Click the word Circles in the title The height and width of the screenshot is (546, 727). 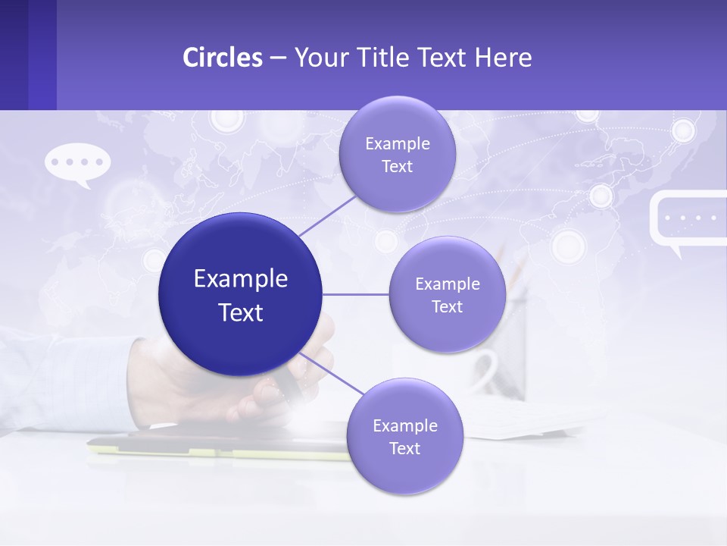coord(223,58)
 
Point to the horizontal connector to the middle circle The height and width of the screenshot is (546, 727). coord(356,294)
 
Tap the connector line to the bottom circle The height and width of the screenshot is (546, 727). coord(333,373)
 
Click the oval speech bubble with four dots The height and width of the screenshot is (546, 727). coord(78,162)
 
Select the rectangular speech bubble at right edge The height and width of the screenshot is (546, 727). coord(688,220)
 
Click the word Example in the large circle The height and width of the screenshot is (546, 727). coord(241,279)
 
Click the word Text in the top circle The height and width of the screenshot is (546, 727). coord(397,167)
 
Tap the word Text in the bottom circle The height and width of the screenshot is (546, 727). coord(404,448)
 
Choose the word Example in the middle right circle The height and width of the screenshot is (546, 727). coord(447,284)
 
